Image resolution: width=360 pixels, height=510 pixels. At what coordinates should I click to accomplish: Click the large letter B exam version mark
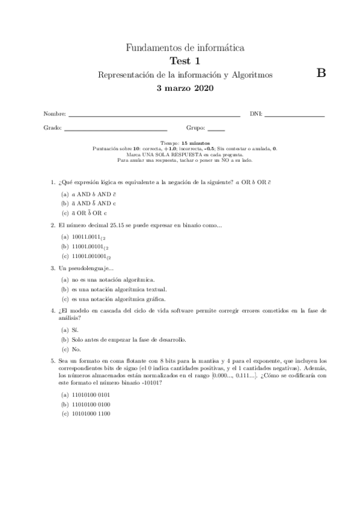pyautogui.click(x=320, y=73)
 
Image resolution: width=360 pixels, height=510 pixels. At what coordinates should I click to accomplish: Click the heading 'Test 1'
pyautogui.click(x=185, y=61)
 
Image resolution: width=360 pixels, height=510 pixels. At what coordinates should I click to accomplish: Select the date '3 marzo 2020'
pyautogui.click(x=185, y=88)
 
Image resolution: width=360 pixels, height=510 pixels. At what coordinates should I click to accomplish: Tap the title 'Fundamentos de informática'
pyautogui.click(x=185, y=48)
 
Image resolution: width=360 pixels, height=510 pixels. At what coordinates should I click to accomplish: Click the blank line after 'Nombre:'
pyautogui.click(x=154, y=114)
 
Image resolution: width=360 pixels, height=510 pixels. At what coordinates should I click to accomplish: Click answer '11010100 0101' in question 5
pyautogui.click(x=90, y=395)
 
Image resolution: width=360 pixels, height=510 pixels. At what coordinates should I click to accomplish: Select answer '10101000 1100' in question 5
pyautogui.click(x=90, y=414)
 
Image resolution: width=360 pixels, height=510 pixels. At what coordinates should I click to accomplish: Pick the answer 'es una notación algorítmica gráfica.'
pyautogui.click(x=118, y=299)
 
